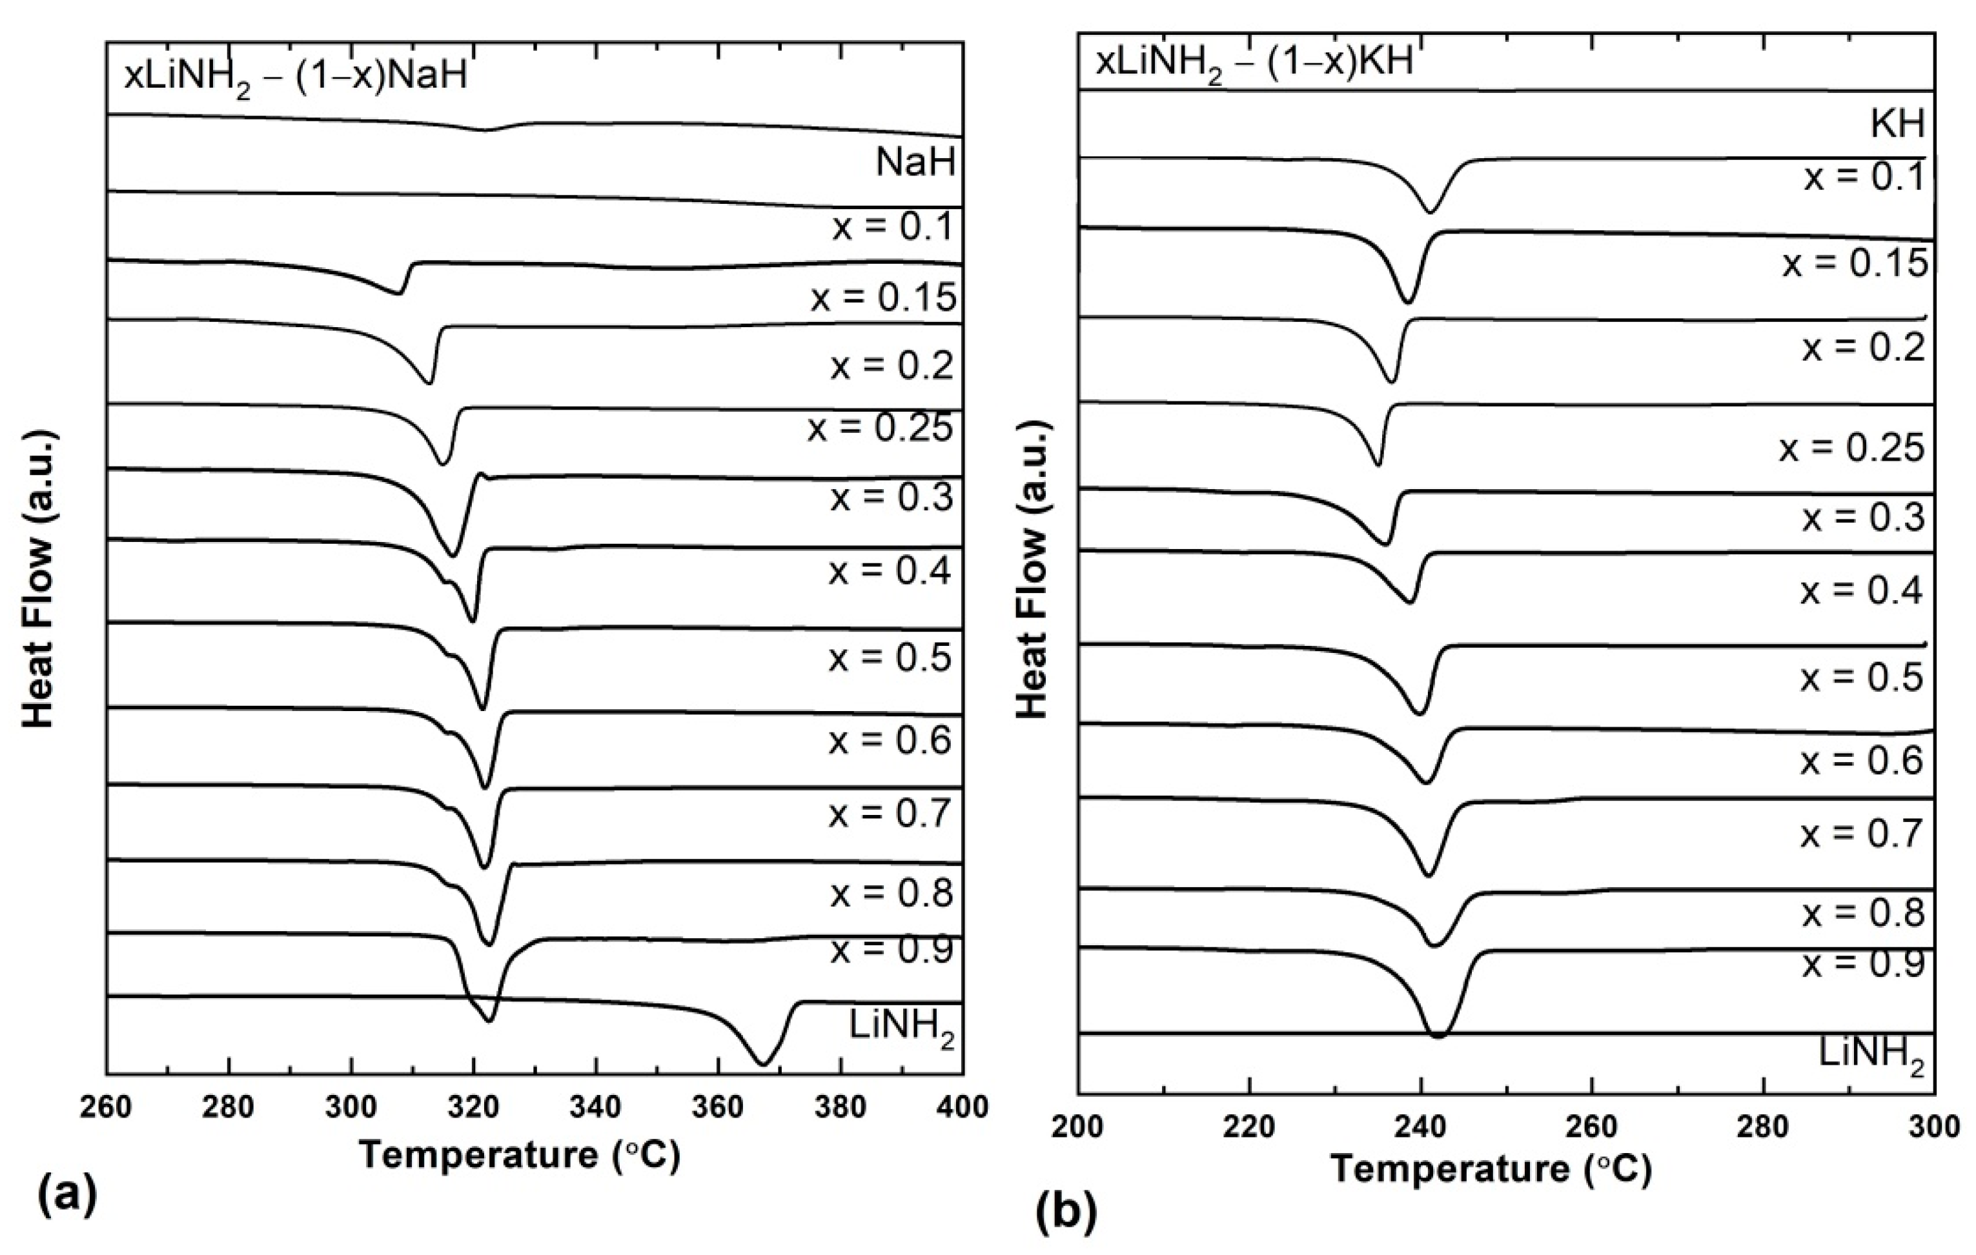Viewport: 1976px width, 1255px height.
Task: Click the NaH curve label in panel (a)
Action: click(x=915, y=163)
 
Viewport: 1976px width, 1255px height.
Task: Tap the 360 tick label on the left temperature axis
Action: click(x=718, y=1107)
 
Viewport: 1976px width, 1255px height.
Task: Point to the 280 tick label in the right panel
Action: click(x=1762, y=1126)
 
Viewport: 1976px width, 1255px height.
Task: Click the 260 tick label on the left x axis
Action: click(x=106, y=1107)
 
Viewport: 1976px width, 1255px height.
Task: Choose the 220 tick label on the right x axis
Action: click(x=1248, y=1126)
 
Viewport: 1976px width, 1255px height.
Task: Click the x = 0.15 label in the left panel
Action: click(x=884, y=297)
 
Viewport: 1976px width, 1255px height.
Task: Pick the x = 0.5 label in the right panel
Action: click(x=1861, y=678)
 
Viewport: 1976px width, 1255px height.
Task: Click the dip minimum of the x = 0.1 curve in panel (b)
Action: click(x=1431, y=212)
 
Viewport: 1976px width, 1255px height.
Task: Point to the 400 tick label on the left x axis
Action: click(x=962, y=1107)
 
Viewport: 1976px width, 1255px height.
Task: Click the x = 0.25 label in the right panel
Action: click(x=1851, y=448)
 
